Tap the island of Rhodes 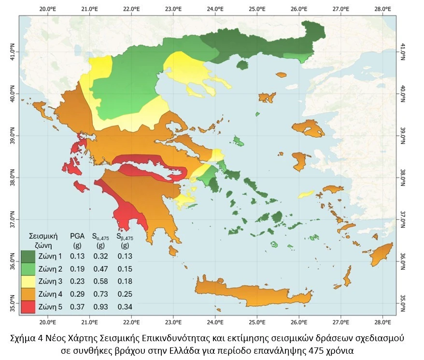(384, 254)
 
